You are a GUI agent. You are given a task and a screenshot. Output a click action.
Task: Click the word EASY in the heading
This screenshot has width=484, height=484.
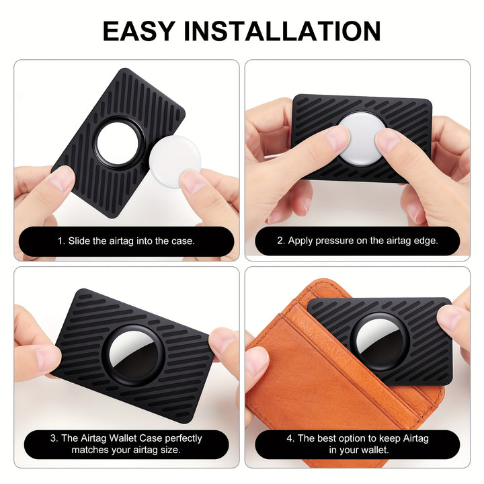click(x=139, y=31)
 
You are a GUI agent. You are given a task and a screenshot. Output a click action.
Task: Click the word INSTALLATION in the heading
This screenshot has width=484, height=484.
click(x=282, y=31)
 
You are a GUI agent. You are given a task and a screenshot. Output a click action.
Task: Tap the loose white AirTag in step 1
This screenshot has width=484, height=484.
click(x=175, y=161)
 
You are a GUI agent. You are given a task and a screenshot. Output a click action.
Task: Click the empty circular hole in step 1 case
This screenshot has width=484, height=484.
click(x=118, y=143)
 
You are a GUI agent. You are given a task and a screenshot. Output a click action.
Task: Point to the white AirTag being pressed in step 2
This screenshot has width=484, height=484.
click(x=361, y=139)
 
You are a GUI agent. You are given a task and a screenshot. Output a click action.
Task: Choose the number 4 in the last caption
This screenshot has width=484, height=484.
click(x=290, y=438)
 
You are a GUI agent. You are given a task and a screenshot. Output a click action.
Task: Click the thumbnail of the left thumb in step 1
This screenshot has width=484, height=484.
click(x=62, y=178)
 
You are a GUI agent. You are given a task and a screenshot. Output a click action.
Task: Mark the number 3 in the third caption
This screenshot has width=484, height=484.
click(x=53, y=438)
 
